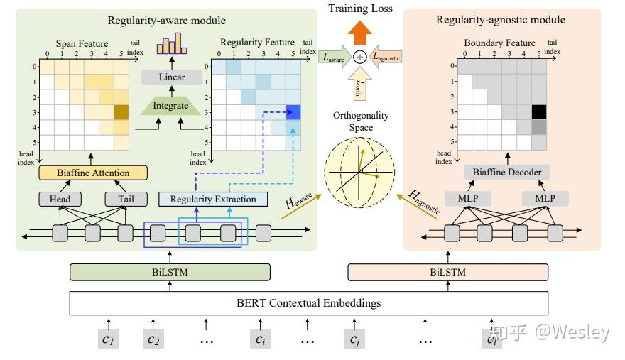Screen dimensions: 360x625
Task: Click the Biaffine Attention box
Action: (92, 173)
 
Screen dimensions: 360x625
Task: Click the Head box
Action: (60, 199)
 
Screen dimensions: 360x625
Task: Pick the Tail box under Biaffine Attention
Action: (126, 199)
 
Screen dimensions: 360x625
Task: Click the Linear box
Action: (172, 77)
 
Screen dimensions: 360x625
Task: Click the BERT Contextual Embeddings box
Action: (308, 303)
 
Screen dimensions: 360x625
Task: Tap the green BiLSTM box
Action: (170, 272)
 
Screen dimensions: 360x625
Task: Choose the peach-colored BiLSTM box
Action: (447, 272)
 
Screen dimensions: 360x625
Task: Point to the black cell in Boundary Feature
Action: (539, 111)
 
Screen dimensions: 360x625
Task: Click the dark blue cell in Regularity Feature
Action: (293, 111)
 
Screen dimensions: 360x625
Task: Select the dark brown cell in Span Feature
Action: (121, 112)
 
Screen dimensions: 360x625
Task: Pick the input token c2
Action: (154, 339)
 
